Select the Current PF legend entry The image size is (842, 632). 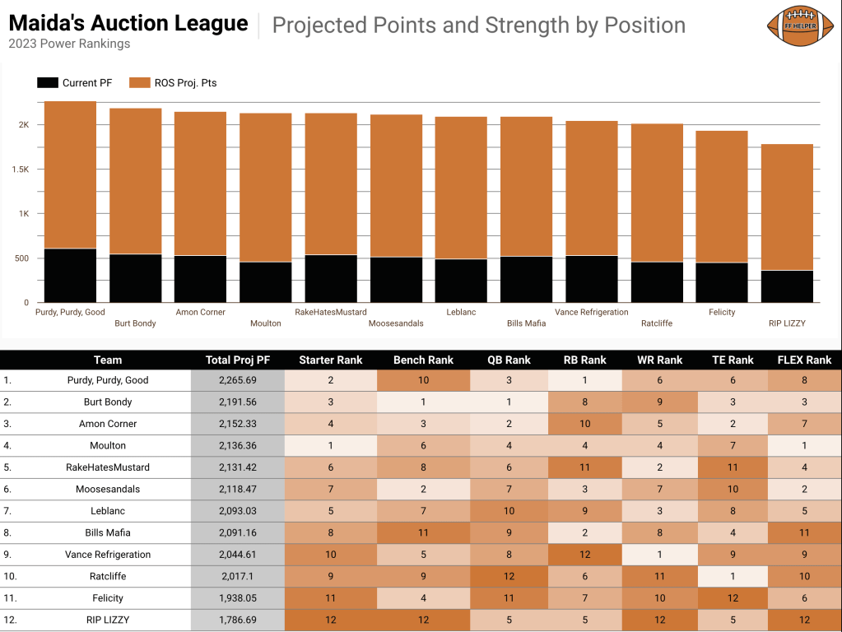pos(75,82)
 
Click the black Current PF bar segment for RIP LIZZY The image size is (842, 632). pos(787,286)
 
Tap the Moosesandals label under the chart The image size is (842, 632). pos(396,323)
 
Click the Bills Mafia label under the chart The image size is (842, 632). pos(526,323)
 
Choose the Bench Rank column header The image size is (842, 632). pos(423,360)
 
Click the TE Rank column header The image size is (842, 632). pos(733,360)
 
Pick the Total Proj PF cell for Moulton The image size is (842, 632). pos(237,446)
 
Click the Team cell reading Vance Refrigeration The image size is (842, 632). pos(108,555)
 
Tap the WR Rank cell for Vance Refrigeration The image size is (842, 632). pos(659,555)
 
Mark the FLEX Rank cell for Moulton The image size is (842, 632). pos(804,446)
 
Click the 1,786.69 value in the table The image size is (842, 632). pos(237,620)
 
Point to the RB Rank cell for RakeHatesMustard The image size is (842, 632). pos(584,467)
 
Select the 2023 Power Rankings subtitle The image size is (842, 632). pos(69,44)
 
